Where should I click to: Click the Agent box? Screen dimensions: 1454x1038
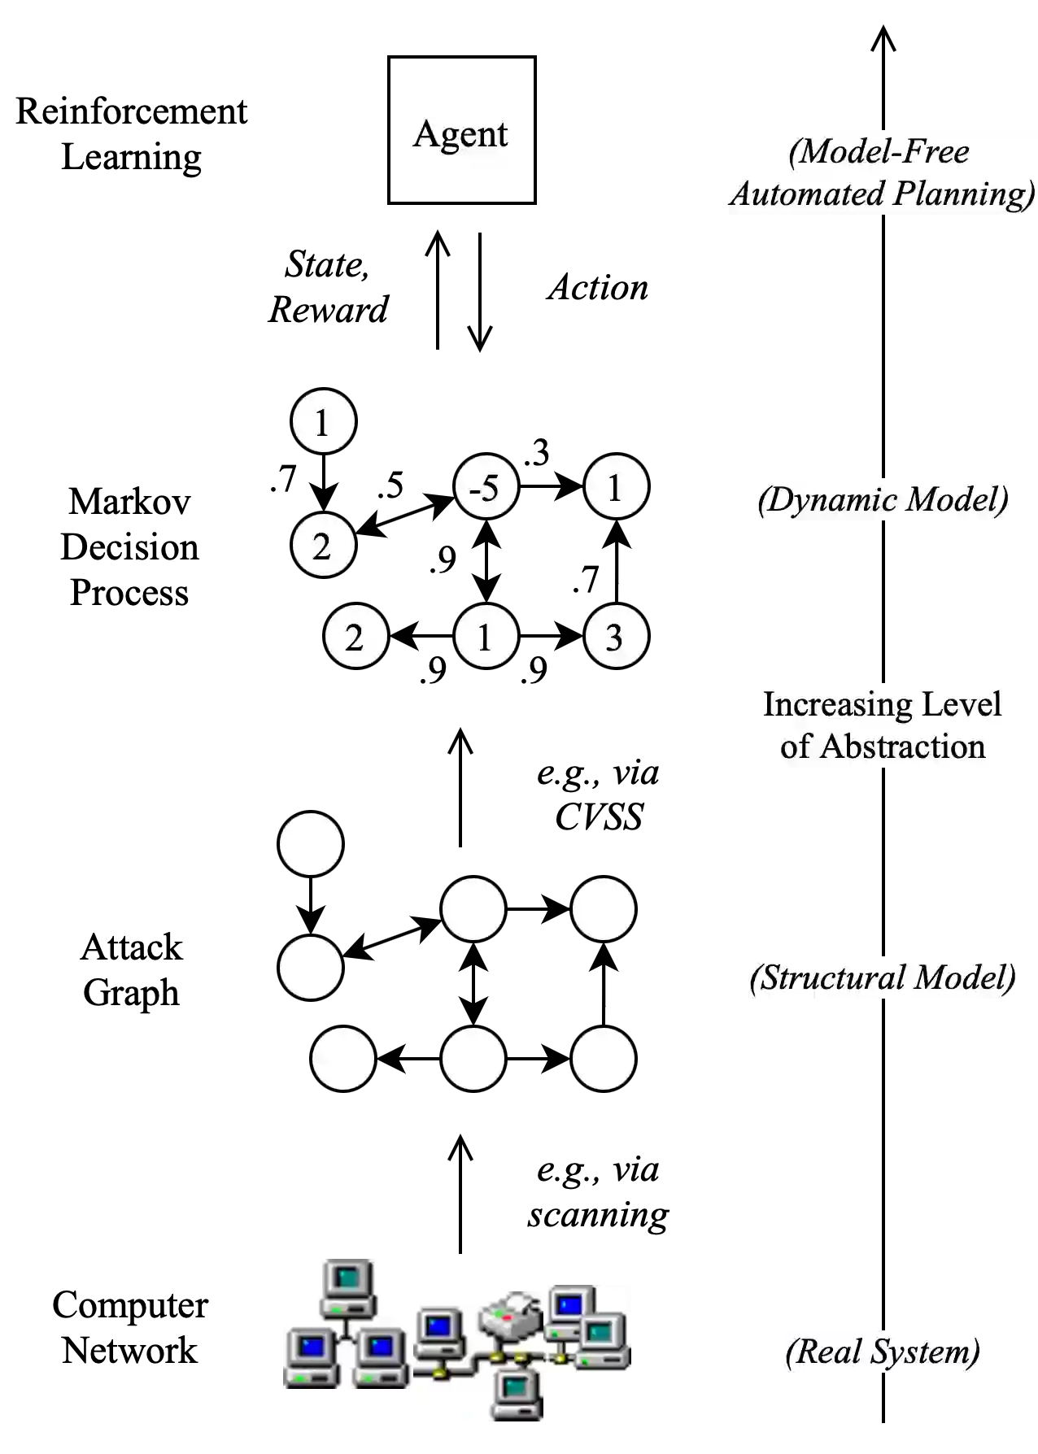(x=461, y=130)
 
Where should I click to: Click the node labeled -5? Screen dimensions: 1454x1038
(x=486, y=487)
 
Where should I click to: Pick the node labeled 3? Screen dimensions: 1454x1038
(x=616, y=637)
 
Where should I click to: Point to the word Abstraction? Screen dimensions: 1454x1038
(x=902, y=747)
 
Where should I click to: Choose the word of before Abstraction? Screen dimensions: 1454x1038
(x=795, y=747)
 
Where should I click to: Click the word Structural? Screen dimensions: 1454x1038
(x=829, y=977)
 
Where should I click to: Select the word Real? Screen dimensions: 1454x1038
(x=825, y=1352)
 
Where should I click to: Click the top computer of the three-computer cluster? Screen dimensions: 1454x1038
(x=348, y=1286)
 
